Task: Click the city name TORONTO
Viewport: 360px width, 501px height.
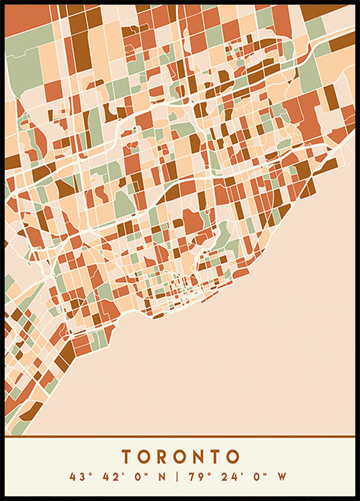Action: coord(180,457)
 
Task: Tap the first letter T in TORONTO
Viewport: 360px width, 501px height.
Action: coord(127,457)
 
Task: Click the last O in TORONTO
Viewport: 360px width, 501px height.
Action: coord(232,457)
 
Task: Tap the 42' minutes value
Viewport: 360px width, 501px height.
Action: coord(110,477)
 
